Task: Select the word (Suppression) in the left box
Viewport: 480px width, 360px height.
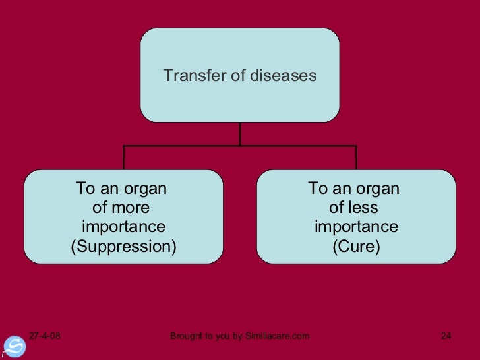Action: (124, 247)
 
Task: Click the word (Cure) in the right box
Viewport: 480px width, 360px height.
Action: (356, 247)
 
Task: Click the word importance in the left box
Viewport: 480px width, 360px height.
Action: (123, 227)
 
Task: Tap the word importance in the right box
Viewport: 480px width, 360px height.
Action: (356, 227)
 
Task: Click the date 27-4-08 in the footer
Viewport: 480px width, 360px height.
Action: (44, 337)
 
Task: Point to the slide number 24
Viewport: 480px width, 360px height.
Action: (446, 337)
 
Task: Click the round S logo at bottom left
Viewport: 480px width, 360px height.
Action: (15, 347)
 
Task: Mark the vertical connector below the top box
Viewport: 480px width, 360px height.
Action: (240, 134)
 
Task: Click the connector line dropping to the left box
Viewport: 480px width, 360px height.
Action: (124, 158)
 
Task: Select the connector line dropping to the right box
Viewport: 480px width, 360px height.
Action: (356, 158)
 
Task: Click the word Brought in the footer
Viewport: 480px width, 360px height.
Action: (187, 337)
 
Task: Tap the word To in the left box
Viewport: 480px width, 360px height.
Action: (86, 189)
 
